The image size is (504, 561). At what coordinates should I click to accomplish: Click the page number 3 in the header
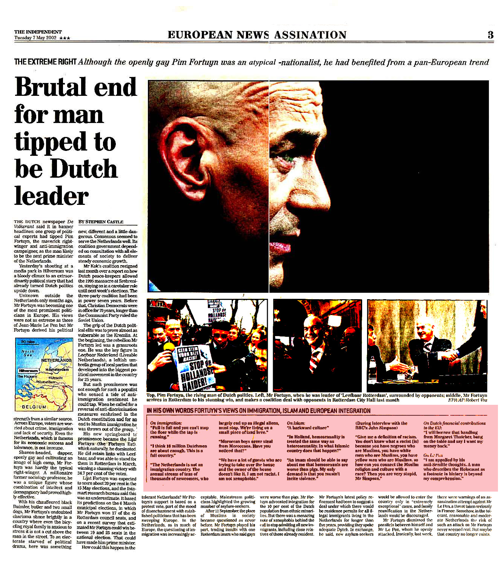click(x=490, y=35)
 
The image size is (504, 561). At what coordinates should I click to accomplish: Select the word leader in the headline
click(x=51, y=197)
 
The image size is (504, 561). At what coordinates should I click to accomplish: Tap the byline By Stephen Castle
click(x=100, y=222)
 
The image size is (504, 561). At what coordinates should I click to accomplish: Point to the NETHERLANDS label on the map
click(x=56, y=360)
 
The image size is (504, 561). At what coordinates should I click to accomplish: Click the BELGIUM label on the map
click(x=34, y=407)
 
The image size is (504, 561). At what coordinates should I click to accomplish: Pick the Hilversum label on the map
click(x=28, y=371)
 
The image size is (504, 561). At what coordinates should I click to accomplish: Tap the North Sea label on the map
click(x=28, y=353)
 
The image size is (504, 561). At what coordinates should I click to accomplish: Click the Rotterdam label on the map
click(x=46, y=382)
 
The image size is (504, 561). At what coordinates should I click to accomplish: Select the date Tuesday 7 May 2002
click(x=35, y=38)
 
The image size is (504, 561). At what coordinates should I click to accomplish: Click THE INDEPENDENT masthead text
click(x=38, y=32)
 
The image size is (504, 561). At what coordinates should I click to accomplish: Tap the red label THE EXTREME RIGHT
click(x=45, y=62)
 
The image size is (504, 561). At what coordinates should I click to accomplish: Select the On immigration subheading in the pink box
click(x=166, y=423)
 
